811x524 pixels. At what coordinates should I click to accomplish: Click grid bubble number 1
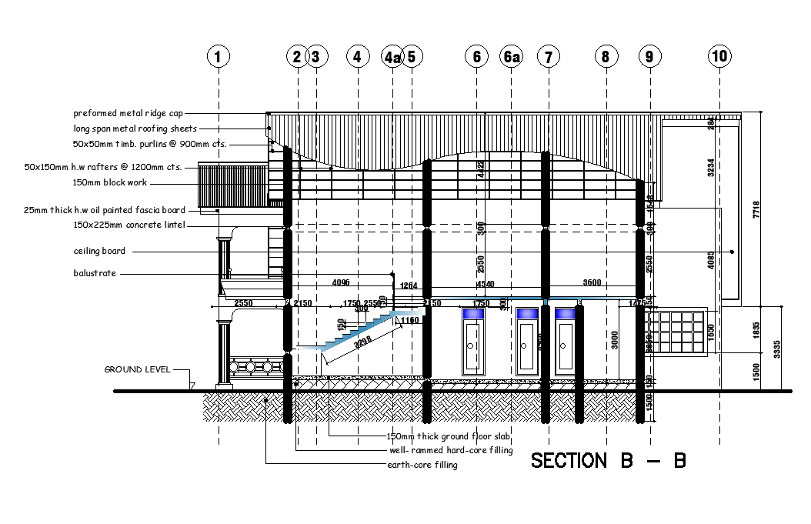tap(219, 56)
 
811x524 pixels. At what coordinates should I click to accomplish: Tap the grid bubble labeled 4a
tap(392, 56)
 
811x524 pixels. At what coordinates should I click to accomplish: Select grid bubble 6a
tap(511, 56)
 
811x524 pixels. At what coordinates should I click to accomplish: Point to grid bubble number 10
tap(720, 56)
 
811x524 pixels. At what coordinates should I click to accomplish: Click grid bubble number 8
tap(606, 56)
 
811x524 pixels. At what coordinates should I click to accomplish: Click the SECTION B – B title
tap(608, 461)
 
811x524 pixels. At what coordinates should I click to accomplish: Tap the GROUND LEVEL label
tap(137, 369)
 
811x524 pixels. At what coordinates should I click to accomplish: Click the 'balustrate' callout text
tap(95, 273)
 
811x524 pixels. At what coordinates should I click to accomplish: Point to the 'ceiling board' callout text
tap(99, 251)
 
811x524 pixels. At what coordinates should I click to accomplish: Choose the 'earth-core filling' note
tap(422, 465)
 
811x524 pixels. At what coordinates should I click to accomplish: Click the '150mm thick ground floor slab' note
tap(438, 436)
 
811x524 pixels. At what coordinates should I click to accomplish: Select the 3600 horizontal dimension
tap(592, 282)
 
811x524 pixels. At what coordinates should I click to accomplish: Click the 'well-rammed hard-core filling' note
tap(451, 450)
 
